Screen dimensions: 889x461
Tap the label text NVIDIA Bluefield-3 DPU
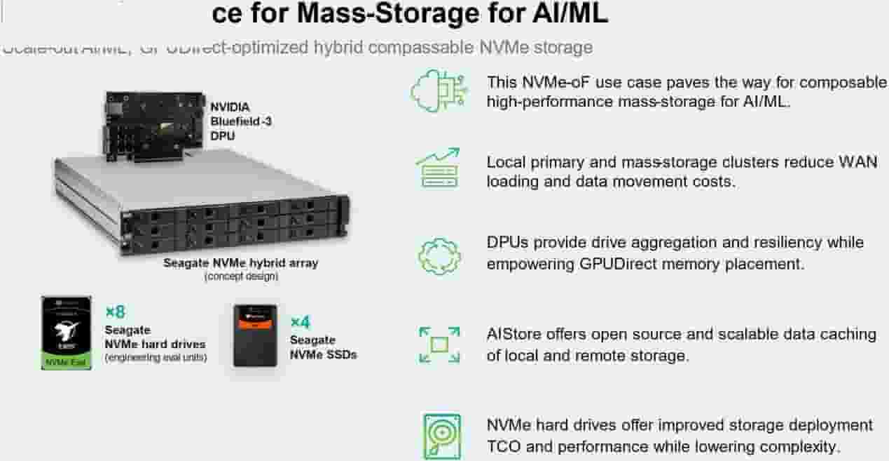[241, 121]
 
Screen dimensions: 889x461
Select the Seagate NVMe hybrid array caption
[240, 263]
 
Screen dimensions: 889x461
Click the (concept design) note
[240, 276]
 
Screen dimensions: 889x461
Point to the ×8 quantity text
[115, 312]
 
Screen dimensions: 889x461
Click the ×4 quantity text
[300, 322]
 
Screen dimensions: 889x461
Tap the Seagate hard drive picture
[66, 333]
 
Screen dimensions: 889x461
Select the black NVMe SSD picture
[255, 335]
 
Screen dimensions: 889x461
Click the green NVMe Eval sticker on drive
[66, 361]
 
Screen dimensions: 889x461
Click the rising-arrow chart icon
[439, 168]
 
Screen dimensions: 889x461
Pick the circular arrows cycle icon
[439, 256]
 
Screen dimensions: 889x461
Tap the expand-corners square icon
[439, 345]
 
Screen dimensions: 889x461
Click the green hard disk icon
[442, 435]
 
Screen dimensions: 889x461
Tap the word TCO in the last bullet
[504, 446]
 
